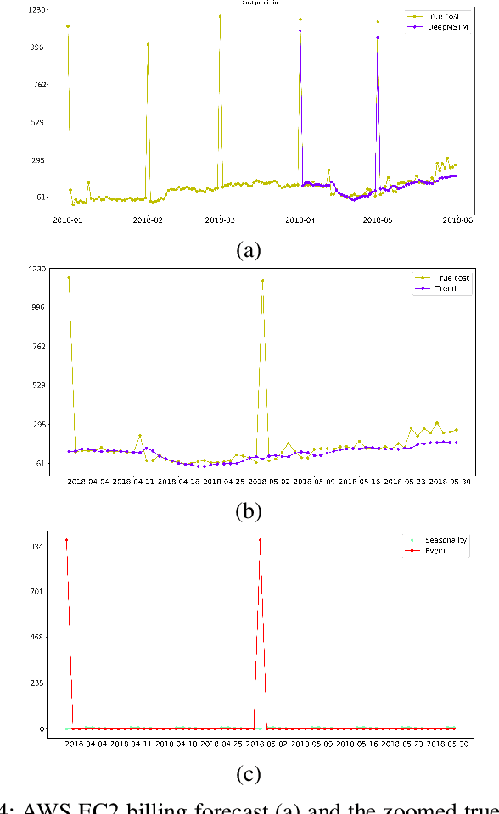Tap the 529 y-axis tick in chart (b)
(36, 385)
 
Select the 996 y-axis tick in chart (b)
(36, 308)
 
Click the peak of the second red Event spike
(260, 540)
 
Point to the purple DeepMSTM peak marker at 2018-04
(300, 31)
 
